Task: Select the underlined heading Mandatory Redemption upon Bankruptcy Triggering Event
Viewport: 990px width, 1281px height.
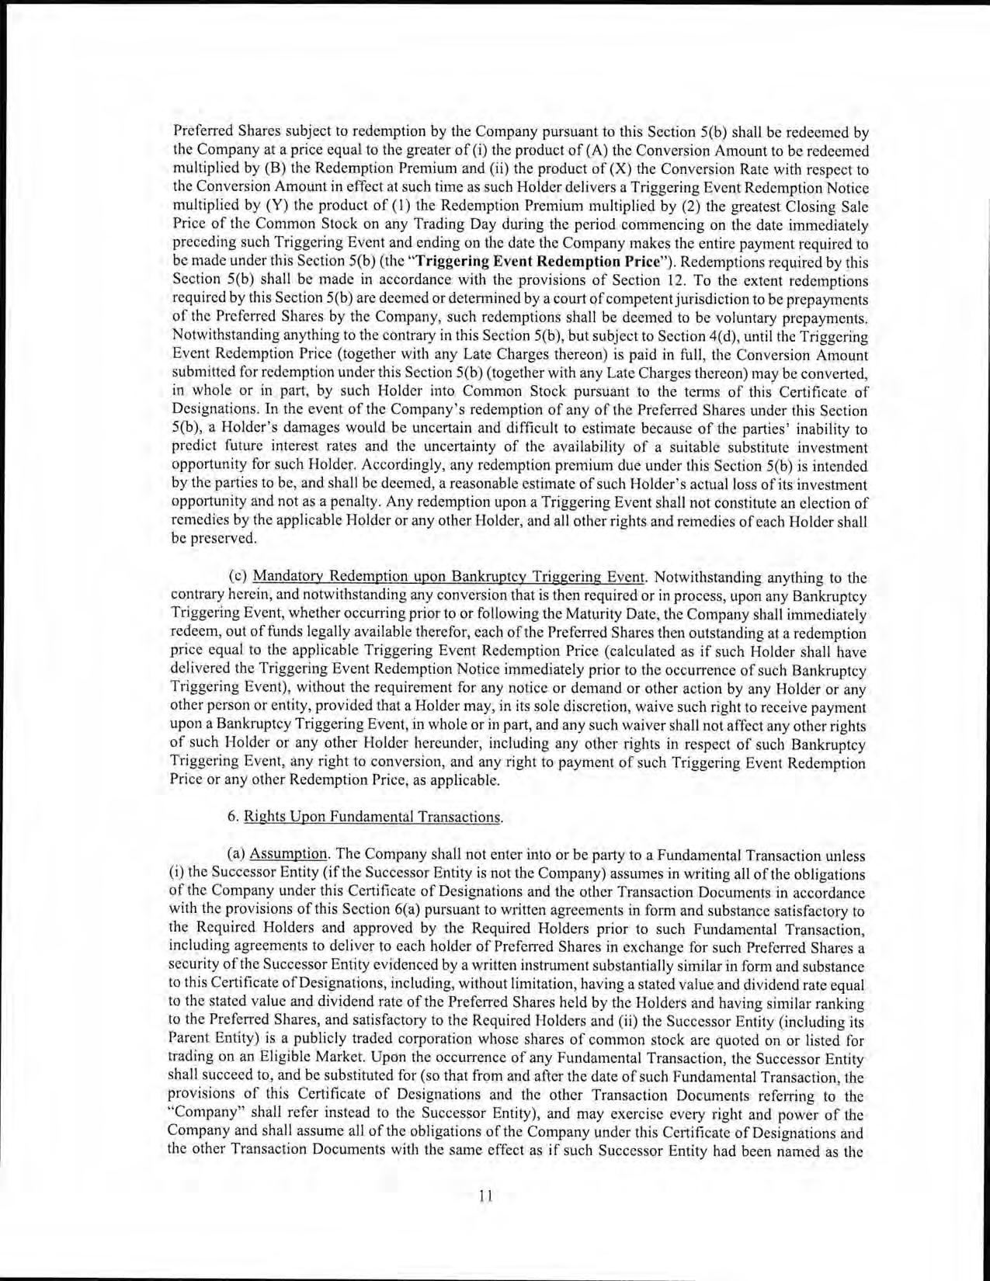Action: click(450, 577)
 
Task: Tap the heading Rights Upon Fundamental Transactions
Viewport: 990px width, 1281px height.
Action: click(373, 817)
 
